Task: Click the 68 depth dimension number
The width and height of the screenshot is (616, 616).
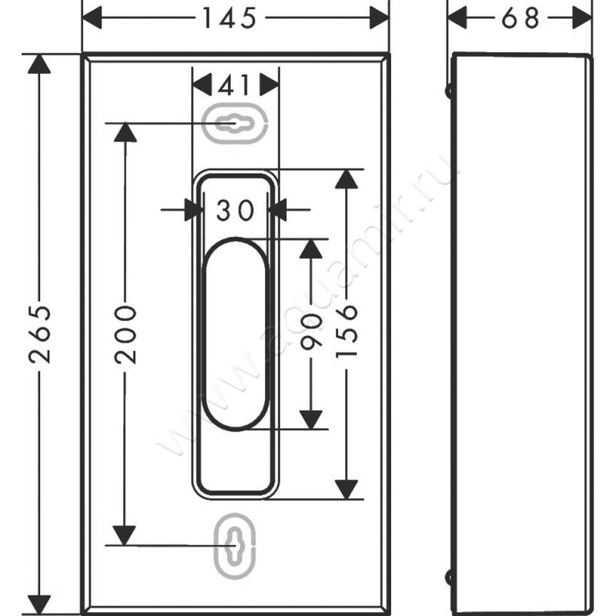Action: (521, 18)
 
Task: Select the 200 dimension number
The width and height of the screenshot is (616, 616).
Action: (124, 334)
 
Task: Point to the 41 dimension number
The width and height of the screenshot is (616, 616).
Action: (234, 84)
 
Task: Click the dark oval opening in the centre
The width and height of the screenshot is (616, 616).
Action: (235, 333)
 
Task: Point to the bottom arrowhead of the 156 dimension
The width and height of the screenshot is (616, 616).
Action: (347, 488)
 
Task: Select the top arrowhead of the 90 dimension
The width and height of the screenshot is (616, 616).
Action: (310, 249)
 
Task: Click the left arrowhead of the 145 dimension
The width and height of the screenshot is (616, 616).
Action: (92, 18)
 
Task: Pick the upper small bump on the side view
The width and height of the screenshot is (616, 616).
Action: (448, 90)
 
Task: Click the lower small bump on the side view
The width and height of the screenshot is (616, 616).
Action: (448, 575)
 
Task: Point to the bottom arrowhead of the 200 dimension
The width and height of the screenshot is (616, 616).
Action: (124, 534)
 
